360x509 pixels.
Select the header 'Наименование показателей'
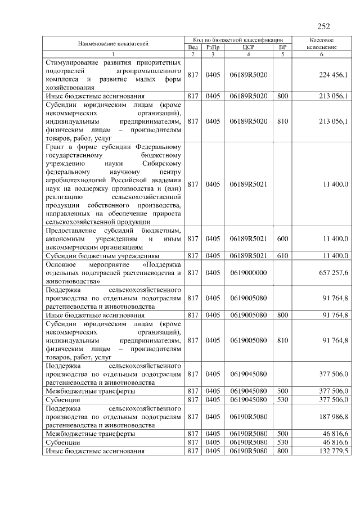coord(114,43)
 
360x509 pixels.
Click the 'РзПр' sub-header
coord(213,47)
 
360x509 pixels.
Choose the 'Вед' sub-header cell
coord(193,47)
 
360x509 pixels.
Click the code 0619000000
coord(248,273)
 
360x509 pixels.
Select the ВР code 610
coord(282,255)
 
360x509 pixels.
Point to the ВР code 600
coord(282,238)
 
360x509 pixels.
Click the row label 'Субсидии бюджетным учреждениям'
coord(99,255)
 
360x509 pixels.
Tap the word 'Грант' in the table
coord(55,147)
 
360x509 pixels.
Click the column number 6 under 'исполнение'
coord(322,54)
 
